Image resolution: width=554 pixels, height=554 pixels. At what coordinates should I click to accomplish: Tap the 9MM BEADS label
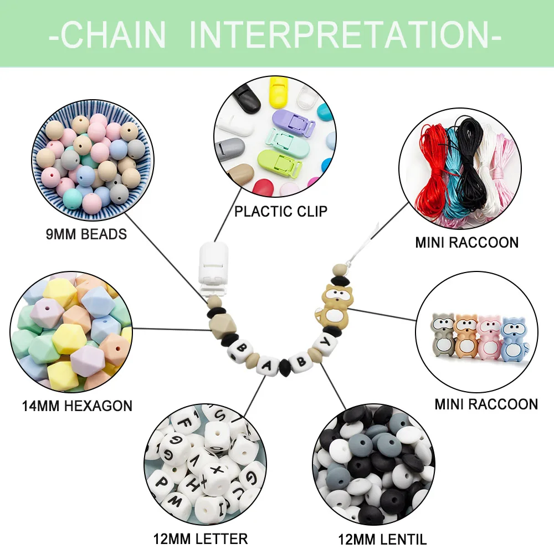pos(86,234)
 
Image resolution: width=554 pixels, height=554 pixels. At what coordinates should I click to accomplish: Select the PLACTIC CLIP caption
pos(280,211)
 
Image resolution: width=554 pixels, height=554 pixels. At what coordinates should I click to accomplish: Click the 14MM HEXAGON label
pos(77,406)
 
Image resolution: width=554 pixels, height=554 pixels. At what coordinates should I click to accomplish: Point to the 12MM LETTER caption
pos(201,538)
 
